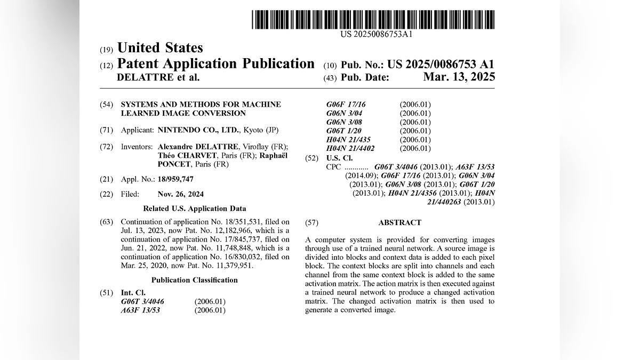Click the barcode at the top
pos(373,20)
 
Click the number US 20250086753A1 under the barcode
pos(376,35)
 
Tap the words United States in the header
pos(160,48)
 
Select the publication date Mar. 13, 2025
pos(459,77)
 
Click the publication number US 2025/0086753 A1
pos(441,65)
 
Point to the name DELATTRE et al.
pos(158,77)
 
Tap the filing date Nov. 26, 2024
pos(180,194)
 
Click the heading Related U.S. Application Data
pos(195,209)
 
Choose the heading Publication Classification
pos(195,280)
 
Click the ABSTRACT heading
pos(399,222)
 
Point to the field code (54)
pos(106,105)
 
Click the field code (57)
pos(311,222)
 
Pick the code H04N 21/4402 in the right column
pos(350,148)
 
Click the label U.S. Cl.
pos(339,158)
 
